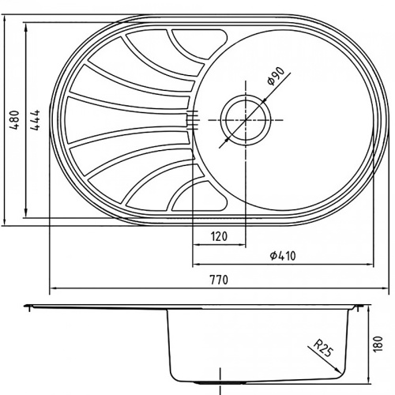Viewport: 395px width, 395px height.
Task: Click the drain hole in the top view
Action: click(x=245, y=118)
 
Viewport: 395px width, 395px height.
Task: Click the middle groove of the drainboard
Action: click(x=126, y=118)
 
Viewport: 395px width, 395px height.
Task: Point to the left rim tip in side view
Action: click(x=25, y=304)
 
